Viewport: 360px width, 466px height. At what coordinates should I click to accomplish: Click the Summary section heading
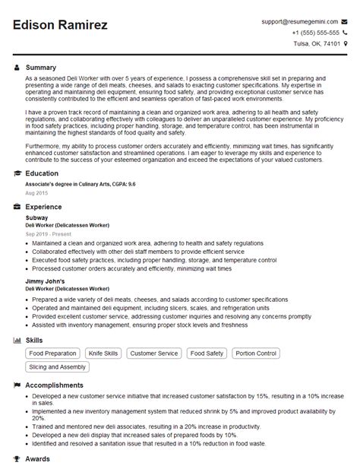pyautogui.click(x=41, y=68)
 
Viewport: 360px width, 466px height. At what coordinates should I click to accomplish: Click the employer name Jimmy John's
pyautogui.click(x=45, y=281)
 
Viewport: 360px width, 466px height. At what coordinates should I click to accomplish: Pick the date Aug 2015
pyautogui.click(x=36, y=193)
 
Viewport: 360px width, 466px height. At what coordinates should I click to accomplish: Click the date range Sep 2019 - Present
pyautogui.click(x=50, y=234)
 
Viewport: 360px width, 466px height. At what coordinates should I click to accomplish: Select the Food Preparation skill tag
pyautogui.click(x=52, y=353)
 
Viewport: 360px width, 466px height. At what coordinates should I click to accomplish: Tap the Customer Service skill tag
pyautogui.click(x=153, y=353)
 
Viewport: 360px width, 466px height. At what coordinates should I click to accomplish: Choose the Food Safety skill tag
pyautogui.click(x=207, y=353)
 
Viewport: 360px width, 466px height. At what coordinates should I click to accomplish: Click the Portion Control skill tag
pyautogui.click(x=257, y=353)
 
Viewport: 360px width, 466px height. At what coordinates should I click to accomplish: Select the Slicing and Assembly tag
pyautogui.click(x=58, y=368)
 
